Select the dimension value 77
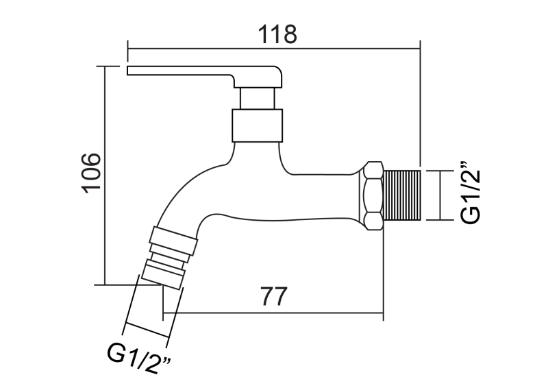pyautogui.click(x=273, y=298)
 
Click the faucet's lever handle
pyautogui.click(x=206, y=73)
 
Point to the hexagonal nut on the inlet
pyautogui.click(x=373, y=195)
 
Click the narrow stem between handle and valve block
pyautogui.click(x=258, y=97)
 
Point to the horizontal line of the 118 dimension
pyautogui.click(x=274, y=49)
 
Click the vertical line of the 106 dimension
pyautogui.click(x=104, y=175)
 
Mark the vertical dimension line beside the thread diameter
pyautogui.click(x=439, y=195)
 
